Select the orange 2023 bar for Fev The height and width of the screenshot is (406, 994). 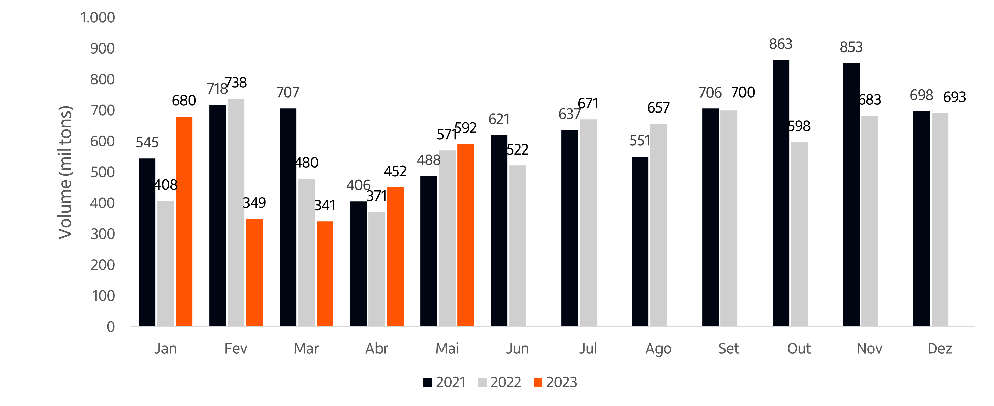click(x=254, y=273)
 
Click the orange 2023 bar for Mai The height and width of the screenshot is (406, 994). click(x=466, y=235)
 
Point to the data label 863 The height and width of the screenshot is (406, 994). click(x=780, y=44)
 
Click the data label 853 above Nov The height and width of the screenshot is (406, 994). click(x=851, y=47)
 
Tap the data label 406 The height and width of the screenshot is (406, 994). click(x=358, y=185)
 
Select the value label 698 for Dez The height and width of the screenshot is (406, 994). click(x=921, y=95)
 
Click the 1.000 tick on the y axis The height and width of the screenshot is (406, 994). click(x=98, y=18)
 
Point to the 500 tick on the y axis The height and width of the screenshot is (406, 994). click(x=103, y=172)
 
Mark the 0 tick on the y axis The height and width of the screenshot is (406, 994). click(x=111, y=327)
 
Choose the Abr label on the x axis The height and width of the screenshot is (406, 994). click(x=376, y=349)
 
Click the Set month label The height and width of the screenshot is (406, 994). click(x=729, y=349)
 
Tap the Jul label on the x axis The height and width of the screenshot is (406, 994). click(x=588, y=349)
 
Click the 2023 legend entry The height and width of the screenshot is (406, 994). click(x=555, y=382)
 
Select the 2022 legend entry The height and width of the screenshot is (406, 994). click(x=499, y=382)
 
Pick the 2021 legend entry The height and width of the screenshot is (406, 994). click(x=444, y=382)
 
